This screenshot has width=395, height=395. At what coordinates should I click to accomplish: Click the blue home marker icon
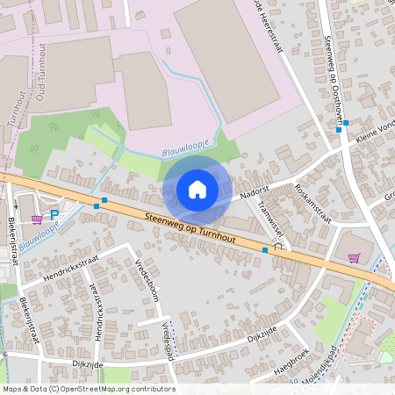pyautogui.click(x=197, y=189)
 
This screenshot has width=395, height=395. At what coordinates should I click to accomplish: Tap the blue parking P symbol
pyautogui.click(x=54, y=214)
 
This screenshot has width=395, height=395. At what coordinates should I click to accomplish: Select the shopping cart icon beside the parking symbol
pyautogui.click(x=37, y=219)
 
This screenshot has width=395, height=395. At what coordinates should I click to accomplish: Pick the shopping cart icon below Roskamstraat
pyautogui.click(x=354, y=258)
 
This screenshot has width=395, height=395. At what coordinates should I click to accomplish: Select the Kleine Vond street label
pyautogui.click(x=372, y=131)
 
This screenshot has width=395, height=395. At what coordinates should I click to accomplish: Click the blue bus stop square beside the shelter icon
pyautogui.click(x=265, y=250)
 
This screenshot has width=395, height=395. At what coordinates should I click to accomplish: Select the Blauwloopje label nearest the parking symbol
pyautogui.click(x=39, y=235)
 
